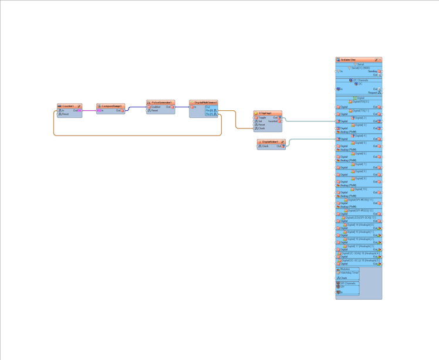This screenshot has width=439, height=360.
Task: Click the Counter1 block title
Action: [68, 106]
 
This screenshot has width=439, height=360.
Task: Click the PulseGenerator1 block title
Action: [161, 103]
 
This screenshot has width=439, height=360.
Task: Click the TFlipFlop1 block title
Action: [265, 113]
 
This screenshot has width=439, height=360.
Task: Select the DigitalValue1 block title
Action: [270, 142]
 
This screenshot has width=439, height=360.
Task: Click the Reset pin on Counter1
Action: [65, 114]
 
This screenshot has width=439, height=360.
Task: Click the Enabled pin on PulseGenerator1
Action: [156, 107]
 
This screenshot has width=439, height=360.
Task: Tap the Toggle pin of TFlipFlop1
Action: [262, 117]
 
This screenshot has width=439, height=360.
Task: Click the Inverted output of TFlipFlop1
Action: [273, 121]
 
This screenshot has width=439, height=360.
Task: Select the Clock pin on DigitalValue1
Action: [265, 146]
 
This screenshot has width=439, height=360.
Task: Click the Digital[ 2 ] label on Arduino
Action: [360, 117]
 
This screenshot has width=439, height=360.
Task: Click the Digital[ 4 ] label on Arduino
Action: [360, 135]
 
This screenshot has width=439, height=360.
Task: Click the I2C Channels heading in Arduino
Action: [360, 80]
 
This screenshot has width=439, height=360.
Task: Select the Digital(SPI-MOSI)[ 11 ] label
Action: [360, 199]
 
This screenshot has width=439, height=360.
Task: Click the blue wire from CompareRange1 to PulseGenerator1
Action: [136, 107]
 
